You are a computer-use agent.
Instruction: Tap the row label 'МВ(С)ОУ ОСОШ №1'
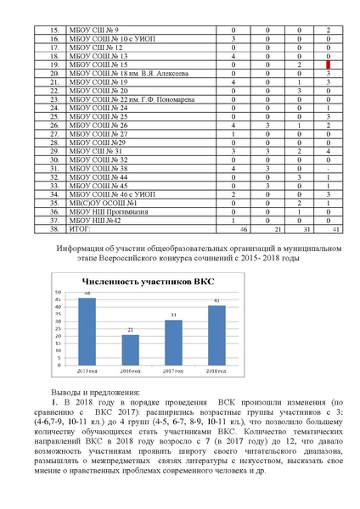tap(98, 204)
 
